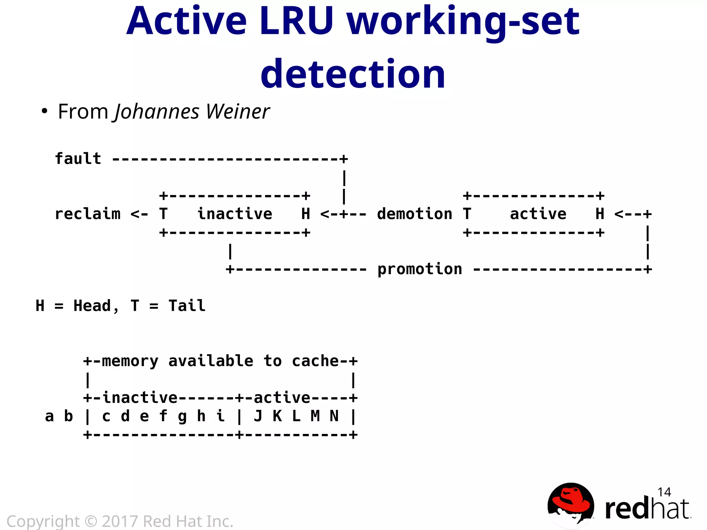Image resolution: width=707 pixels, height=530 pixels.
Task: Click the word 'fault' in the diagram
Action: (78, 159)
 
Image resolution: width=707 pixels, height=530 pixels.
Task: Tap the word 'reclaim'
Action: (88, 214)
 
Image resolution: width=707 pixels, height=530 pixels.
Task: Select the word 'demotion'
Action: (414, 214)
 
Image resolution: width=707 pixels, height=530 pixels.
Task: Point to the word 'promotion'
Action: (419, 269)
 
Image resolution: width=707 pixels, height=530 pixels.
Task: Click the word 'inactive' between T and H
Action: (235, 214)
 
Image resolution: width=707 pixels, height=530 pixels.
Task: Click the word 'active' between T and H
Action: (538, 214)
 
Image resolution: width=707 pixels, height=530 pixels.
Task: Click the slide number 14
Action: (664, 492)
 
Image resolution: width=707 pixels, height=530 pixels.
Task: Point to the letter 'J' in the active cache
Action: (258, 416)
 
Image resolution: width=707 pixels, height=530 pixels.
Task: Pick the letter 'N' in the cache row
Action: (334, 416)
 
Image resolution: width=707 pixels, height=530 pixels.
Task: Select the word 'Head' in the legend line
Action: (92, 306)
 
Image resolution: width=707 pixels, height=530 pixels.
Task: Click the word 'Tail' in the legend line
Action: (187, 306)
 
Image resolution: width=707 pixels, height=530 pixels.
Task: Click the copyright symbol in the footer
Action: (91, 521)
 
